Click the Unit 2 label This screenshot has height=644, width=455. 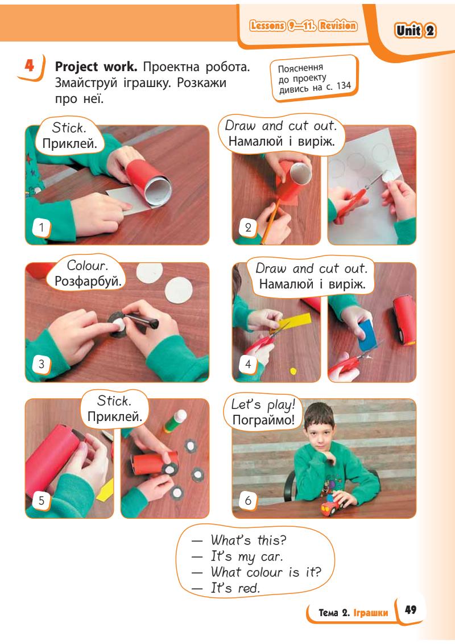coord(415,30)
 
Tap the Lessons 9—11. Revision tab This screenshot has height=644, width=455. coord(304,26)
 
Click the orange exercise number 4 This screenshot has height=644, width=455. coord(30,65)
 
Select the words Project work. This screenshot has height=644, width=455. coord(96,67)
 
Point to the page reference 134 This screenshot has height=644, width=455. coord(344,85)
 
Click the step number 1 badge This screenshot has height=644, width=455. coord(41,228)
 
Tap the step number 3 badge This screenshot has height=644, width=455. coord(41,364)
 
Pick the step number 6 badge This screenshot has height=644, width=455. coord(248,500)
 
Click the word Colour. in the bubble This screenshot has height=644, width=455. coord(87,266)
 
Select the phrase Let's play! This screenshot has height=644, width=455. coord(263,404)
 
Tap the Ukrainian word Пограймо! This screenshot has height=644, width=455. coord(263,420)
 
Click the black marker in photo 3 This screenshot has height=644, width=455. coord(142,320)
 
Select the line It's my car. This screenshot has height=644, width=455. coord(247,556)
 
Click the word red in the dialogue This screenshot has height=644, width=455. coord(248,588)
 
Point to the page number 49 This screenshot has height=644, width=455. coord(411,609)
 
